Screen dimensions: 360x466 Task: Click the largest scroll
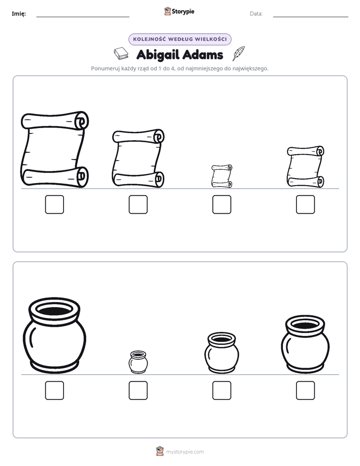point(54,149)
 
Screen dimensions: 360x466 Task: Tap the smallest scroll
point(222,176)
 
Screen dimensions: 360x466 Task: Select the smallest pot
point(138,362)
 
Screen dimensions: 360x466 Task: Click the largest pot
point(54,335)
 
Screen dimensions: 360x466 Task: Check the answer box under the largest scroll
point(54,204)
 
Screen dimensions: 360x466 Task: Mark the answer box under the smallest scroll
point(221,204)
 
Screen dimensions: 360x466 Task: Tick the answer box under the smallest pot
point(138,390)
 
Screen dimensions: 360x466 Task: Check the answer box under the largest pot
point(54,390)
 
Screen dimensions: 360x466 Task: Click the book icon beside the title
point(121,53)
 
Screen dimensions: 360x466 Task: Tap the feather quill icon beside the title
point(238,53)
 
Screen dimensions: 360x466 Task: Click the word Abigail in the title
point(158,55)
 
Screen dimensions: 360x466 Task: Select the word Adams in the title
point(203,54)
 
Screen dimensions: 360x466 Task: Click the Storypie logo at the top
point(179,11)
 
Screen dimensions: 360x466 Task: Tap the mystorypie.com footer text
point(185,452)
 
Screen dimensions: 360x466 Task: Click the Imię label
point(19,14)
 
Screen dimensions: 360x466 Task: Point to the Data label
point(256,14)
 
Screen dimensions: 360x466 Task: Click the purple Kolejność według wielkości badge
point(180,39)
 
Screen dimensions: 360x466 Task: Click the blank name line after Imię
point(83,17)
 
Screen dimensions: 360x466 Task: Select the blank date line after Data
point(311,17)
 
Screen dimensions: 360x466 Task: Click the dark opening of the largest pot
point(54,311)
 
